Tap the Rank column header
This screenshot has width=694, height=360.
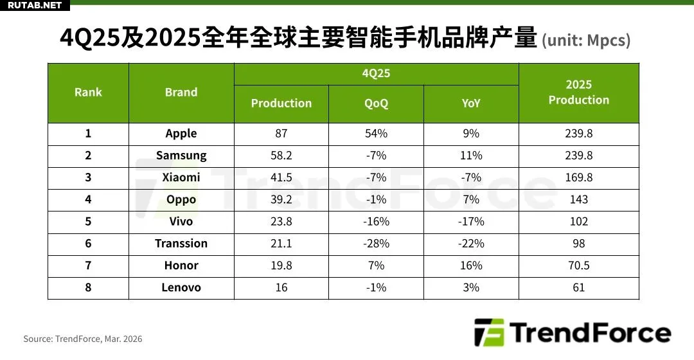pyautogui.click(x=88, y=93)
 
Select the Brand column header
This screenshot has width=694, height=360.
pyautogui.click(x=181, y=93)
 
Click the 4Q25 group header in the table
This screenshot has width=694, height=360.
pyautogui.click(x=376, y=73)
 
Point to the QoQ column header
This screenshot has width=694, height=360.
pyautogui.click(x=376, y=104)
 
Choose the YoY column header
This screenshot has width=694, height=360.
pyautogui.click(x=471, y=104)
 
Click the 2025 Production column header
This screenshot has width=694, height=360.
pyautogui.click(x=578, y=93)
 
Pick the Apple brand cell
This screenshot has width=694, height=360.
pyautogui.click(x=181, y=134)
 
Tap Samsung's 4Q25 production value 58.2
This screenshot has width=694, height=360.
pyautogui.click(x=281, y=156)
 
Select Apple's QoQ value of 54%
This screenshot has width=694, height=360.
pyautogui.click(x=376, y=134)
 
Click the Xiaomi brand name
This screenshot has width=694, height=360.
pyautogui.click(x=181, y=177)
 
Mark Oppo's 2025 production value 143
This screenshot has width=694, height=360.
pyautogui.click(x=578, y=199)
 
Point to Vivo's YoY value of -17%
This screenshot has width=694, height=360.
pyautogui.click(x=471, y=221)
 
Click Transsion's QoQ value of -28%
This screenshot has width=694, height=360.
pyautogui.click(x=376, y=243)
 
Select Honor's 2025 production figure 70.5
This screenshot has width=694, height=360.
pyautogui.click(x=578, y=265)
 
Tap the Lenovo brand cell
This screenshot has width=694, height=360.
pyautogui.click(x=181, y=287)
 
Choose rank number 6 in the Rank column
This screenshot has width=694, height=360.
pyautogui.click(x=88, y=243)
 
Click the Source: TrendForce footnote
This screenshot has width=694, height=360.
pyautogui.click(x=83, y=339)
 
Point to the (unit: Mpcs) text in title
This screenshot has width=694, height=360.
pyautogui.click(x=586, y=41)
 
